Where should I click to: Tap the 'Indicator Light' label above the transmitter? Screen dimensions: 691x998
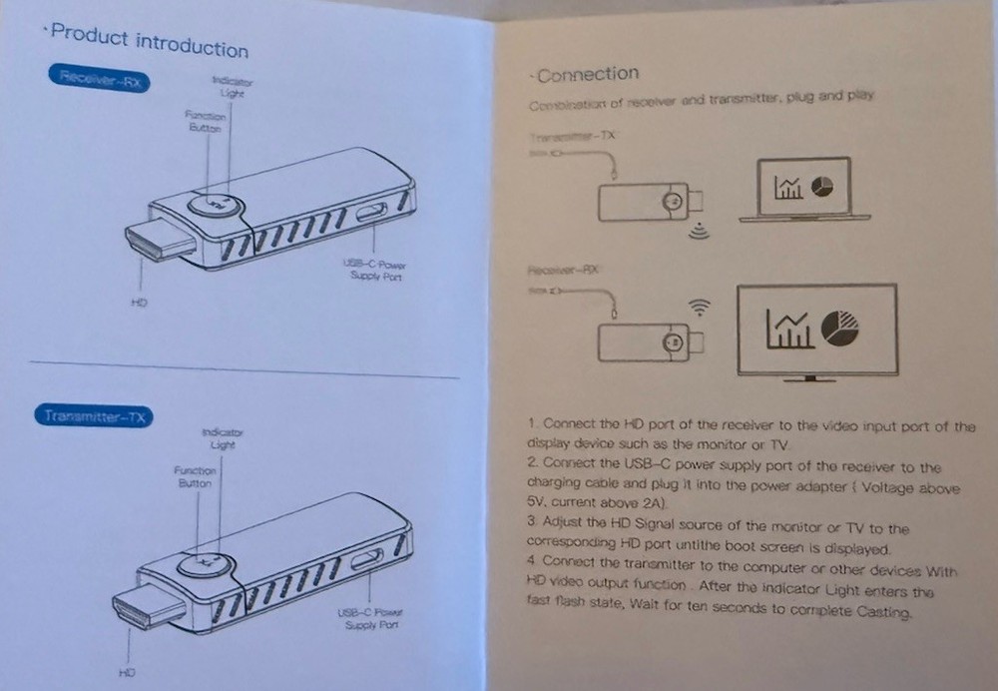tap(222, 438)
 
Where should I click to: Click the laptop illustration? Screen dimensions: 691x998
tap(804, 190)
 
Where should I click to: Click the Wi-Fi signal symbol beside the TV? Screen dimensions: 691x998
tap(701, 307)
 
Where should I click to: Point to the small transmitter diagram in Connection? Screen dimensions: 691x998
tap(645, 203)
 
